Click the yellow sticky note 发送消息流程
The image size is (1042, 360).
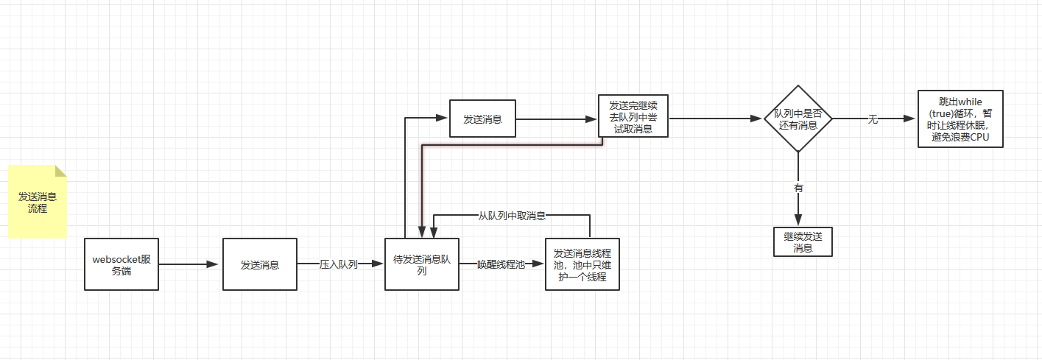pyautogui.click(x=38, y=202)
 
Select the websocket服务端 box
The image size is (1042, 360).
pyautogui.click(x=122, y=264)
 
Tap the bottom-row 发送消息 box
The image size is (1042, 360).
pyautogui.click(x=260, y=264)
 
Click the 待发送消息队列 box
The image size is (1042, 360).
pyautogui.click(x=422, y=264)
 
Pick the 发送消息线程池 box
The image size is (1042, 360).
pyautogui.click(x=582, y=264)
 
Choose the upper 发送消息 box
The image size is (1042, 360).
pyautogui.click(x=482, y=118)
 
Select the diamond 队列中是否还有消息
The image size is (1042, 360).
pyautogui.click(x=798, y=119)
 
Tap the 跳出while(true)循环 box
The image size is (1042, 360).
pyautogui.click(x=960, y=119)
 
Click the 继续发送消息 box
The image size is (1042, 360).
pyautogui.click(x=803, y=241)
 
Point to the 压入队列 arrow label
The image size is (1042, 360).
pyautogui.click(x=339, y=264)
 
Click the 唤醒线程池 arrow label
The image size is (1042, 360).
pyautogui.click(x=501, y=264)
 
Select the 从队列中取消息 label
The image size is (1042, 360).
pyautogui.click(x=512, y=216)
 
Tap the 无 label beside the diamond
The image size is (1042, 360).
pyautogui.click(x=873, y=119)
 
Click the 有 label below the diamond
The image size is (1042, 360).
pyautogui.click(x=798, y=188)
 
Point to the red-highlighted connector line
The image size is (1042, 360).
pyautogui.click(x=508, y=146)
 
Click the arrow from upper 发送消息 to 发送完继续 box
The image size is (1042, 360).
pyautogui.click(x=556, y=118)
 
